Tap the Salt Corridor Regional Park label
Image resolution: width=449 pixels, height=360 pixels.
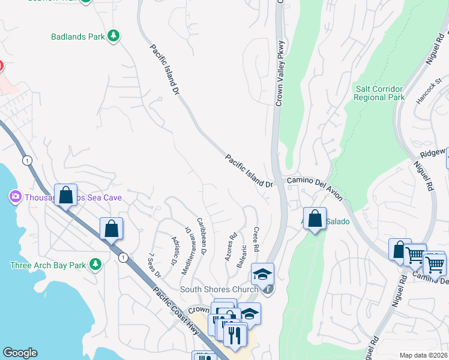click(x=379, y=93)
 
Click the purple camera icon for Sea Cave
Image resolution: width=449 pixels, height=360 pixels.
click(x=15, y=197)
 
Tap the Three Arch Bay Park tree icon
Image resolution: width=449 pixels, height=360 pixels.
click(x=95, y=265)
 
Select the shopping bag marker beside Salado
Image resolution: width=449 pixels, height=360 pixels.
click(x=315, y=219)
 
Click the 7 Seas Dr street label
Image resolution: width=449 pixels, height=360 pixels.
click(x=154, y=264)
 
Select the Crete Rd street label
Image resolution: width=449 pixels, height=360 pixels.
click(x=256, y=239)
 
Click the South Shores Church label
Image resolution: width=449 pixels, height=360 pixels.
click(x=220, y=289)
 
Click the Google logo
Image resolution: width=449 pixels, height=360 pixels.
click(x=20, y=353)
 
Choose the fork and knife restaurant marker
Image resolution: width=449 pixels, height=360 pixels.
click(x=235, y=335)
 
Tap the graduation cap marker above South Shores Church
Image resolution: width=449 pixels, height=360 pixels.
click(x=262, y=274)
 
